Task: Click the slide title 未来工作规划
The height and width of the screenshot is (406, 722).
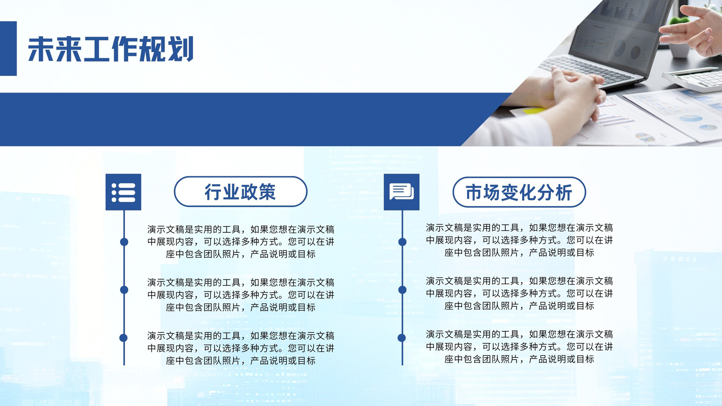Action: tap(111, 49)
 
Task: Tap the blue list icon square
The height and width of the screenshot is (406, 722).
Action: tap(124, 192)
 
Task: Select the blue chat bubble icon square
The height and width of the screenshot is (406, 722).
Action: tap(402, 192)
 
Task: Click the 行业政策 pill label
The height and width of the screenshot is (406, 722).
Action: tap(241, 191)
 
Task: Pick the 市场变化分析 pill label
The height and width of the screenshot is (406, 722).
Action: tap(519, 192)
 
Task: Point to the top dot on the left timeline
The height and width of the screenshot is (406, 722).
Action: tap(124, 242)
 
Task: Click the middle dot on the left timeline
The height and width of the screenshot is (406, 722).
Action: tap(124, 290)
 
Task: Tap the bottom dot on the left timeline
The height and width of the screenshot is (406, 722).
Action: tap(124, 338)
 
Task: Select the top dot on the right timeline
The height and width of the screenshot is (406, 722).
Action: tap(402, 242)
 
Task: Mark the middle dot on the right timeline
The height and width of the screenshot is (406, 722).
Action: tap(402, 290)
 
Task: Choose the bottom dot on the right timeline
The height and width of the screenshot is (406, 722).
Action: tap(402, 338)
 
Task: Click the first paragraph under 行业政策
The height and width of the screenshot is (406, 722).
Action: tap(241, 242)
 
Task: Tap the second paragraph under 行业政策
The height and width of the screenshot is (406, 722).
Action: tap(241, 295)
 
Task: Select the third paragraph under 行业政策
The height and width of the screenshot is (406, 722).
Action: tap(241, 348)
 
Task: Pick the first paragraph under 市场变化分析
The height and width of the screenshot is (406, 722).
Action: tap(519, 240)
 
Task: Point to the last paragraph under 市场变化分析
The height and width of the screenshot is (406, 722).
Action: tap(519, 346)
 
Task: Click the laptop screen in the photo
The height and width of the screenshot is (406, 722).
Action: tap(616, 36)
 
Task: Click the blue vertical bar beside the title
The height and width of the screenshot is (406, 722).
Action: tap(9, 48)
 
